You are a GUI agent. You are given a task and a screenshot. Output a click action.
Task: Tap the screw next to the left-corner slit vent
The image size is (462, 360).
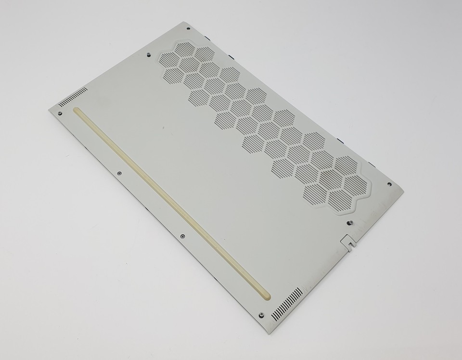pos(60,114)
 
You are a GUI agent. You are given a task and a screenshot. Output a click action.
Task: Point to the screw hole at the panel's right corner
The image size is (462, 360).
pos(388,183)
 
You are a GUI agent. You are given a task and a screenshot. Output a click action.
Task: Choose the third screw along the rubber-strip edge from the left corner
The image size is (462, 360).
pos(181,236)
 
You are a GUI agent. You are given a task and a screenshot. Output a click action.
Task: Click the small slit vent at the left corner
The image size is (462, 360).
pos(72,97)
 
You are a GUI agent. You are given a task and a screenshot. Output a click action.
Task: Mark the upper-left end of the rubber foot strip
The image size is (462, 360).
pos(76,112)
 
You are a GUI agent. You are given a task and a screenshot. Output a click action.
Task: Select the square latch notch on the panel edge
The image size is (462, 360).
pos(347,242)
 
